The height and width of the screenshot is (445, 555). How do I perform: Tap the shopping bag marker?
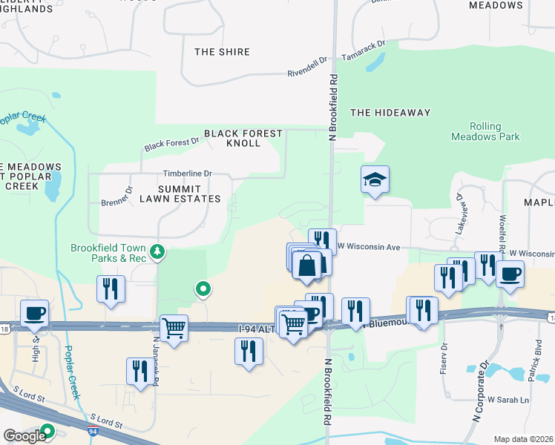pos(307,265)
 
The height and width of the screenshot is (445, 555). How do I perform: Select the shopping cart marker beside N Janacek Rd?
pos(174,327)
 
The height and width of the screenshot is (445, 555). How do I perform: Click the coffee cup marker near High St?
pos(34,312)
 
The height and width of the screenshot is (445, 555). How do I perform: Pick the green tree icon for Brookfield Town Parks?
pos(157,252)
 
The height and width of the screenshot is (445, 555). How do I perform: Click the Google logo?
pos(24,436)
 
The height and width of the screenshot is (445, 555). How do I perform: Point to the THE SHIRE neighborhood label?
pos(222,52)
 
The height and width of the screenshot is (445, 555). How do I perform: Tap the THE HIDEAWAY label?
pos(390,113)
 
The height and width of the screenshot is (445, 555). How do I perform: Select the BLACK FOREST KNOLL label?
pos(243,138)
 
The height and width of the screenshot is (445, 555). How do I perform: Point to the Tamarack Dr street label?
pos(364,50)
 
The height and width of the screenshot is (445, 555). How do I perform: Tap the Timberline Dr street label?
pos(188,174)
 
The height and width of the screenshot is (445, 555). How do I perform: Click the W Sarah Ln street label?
pos(508,400)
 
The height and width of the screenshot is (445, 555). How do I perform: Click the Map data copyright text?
pos(523,439)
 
